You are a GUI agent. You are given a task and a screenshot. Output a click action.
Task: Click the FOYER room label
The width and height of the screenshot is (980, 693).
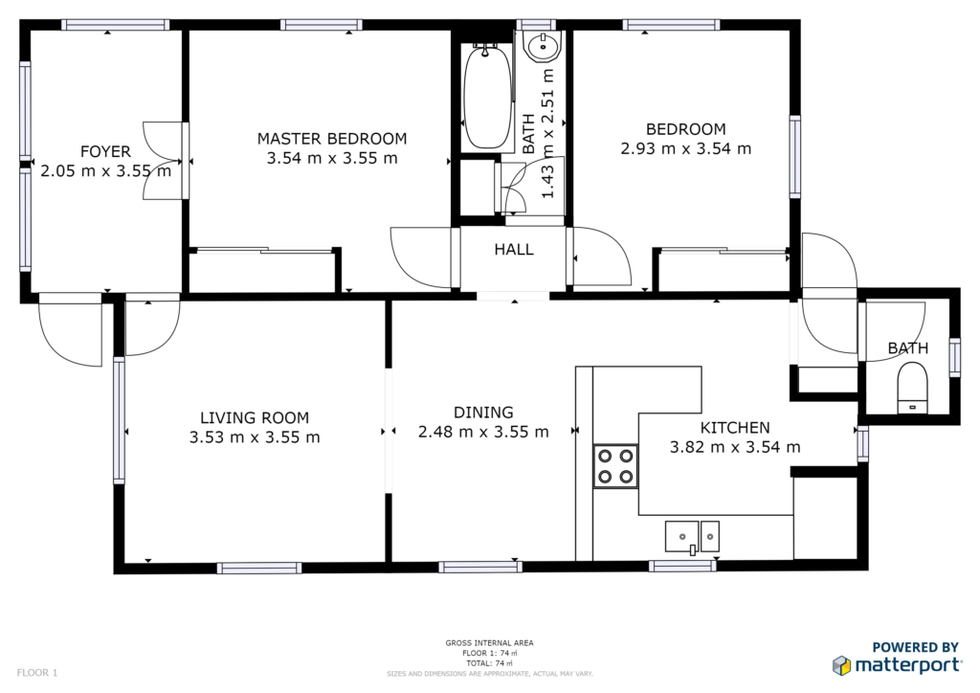click(x=105, y=152)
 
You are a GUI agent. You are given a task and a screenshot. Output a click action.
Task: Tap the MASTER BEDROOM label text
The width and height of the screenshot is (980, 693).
click(x=332, y=139)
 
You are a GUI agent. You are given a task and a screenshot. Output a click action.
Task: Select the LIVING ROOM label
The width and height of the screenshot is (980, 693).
click(x=255, y=417)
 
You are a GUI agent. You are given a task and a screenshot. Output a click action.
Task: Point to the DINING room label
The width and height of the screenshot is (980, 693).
click(x=483, y=413)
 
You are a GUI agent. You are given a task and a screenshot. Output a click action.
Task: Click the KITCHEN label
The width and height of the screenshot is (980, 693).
click(x=735, y=428)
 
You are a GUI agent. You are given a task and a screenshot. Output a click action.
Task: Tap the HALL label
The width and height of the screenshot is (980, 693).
click(x=514, y=250)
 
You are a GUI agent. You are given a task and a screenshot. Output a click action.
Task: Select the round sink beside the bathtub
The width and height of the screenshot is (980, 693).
click(x=544, y=46)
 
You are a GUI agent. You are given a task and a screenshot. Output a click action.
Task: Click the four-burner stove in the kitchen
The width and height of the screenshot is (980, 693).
click(x=615, y=466)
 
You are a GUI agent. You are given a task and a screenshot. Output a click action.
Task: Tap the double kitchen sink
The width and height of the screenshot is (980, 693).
click(x=692, y=537)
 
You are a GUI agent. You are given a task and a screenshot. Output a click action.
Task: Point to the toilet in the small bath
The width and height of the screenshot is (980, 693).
click(x=912, y=389)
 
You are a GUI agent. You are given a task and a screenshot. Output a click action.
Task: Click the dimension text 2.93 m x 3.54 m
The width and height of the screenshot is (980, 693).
click(x=685, y=148)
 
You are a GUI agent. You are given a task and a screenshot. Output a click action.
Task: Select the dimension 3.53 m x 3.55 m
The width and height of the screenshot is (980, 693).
click(x=255, y=437)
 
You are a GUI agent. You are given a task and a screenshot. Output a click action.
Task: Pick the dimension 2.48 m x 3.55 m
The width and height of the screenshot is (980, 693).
click(x=483, y=432)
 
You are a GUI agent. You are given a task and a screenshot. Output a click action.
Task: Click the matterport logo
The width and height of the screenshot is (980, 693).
click(x=897, y=664)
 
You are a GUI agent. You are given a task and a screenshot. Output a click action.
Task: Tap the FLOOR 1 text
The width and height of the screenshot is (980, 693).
click(x=37, y=673)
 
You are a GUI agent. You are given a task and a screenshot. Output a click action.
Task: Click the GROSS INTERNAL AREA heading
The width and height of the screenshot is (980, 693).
click(x=489, y=643)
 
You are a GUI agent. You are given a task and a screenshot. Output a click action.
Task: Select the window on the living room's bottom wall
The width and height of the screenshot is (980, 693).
click(x=259, y=568)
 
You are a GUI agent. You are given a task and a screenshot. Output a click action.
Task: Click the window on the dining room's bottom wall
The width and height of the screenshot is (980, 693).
click(x=480, y=568)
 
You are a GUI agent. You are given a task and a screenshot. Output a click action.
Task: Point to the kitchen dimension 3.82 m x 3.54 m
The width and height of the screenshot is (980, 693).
click(x=735, y=447)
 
